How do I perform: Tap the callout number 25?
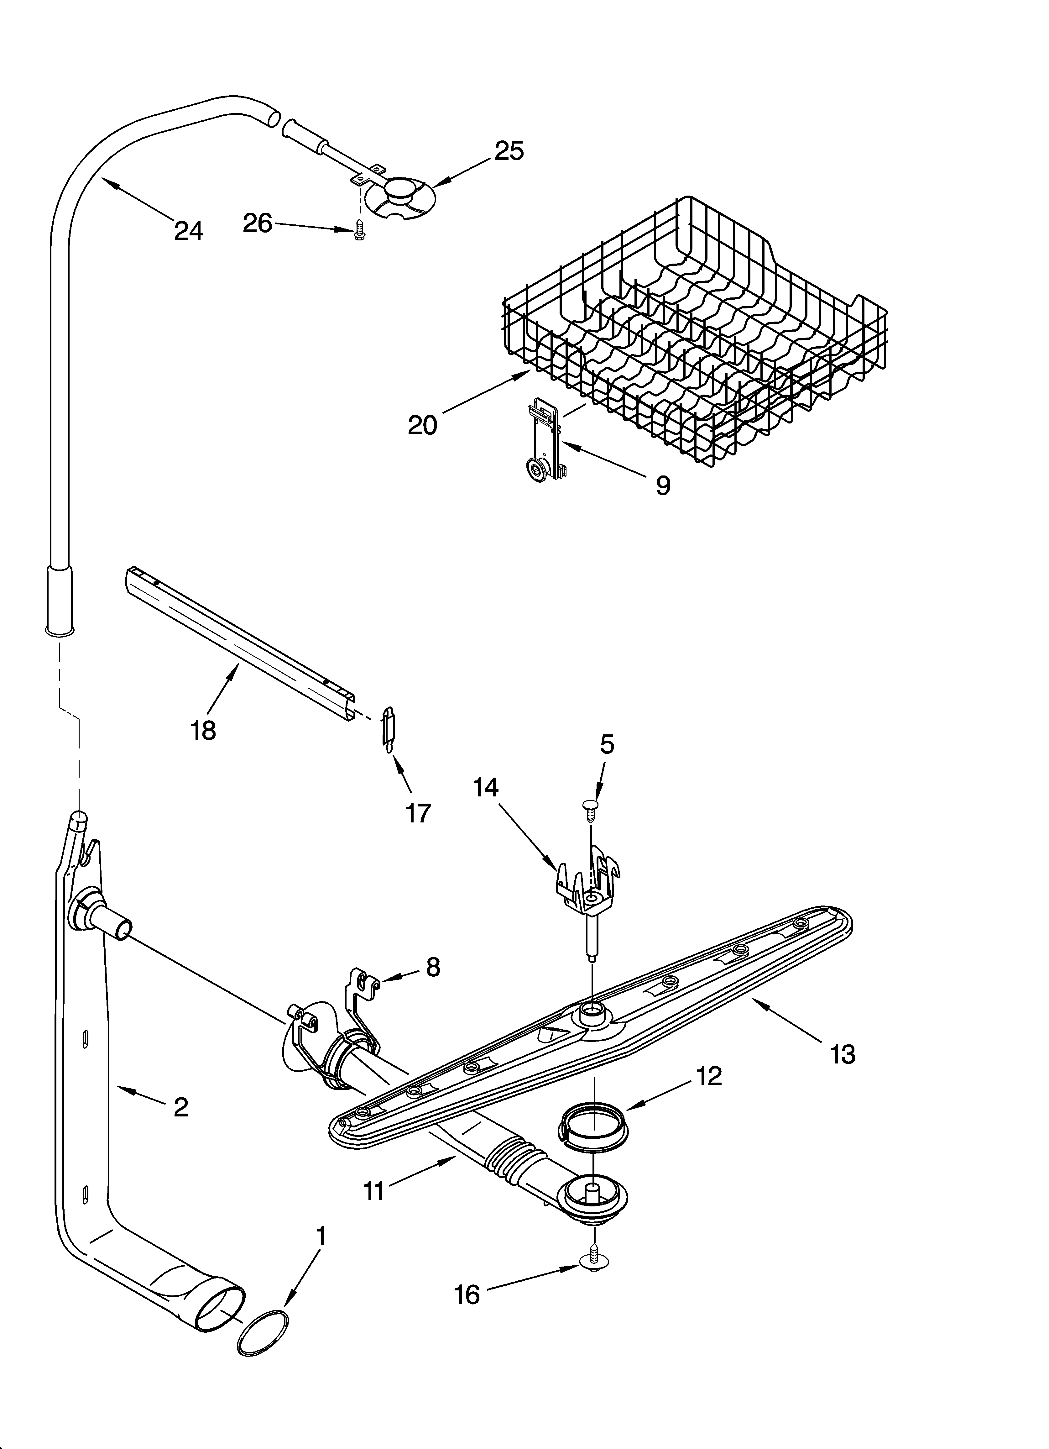pyautogui.click(x=509, y=151)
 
